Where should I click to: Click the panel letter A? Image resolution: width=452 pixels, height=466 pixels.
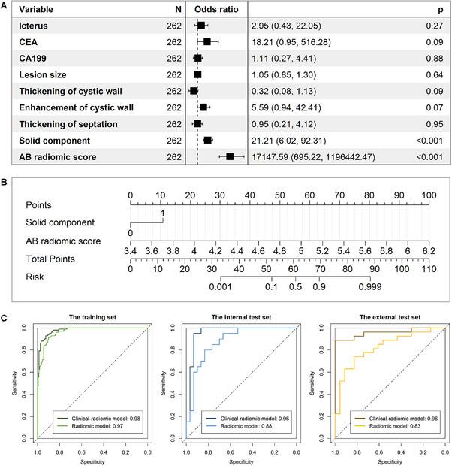5,5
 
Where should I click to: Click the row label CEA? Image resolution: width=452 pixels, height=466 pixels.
28,41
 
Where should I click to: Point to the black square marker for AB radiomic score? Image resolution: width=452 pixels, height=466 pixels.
231,156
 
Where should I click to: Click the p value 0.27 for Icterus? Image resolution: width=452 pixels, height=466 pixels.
437,25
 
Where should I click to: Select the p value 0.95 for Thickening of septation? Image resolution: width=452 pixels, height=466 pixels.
437,123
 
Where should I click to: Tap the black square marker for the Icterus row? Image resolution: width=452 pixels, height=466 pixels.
200,25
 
